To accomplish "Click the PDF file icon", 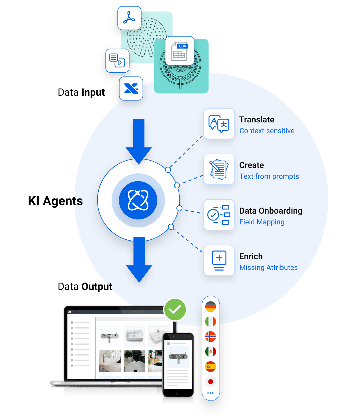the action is tap(129, 18).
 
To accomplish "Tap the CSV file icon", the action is tap(180, 51).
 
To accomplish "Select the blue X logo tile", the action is tap(131, 88).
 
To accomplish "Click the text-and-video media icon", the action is tap(117, 61).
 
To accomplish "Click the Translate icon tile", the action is tap(219, 124).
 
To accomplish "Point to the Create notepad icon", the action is tap(219, 169).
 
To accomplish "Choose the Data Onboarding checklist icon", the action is tap(219, 215).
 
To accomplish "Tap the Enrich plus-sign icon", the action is tap(219, 260).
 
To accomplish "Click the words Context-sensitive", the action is tap(267, 131).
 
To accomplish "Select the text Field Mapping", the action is tap(262, 222).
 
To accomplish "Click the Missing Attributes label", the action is tap(268, 268).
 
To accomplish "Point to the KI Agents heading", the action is tap(55, 201).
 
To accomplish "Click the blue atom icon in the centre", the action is tap(138, 200).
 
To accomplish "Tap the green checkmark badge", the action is tap(175, 310).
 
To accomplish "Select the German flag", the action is tap(211, 307).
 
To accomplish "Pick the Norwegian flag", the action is tap(211, 337).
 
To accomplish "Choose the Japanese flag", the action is tap(211, 382).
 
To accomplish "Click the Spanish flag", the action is tap(211, 367).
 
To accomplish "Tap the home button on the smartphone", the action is tap(178, 393).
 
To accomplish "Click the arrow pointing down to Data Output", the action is tap(139, 259).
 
